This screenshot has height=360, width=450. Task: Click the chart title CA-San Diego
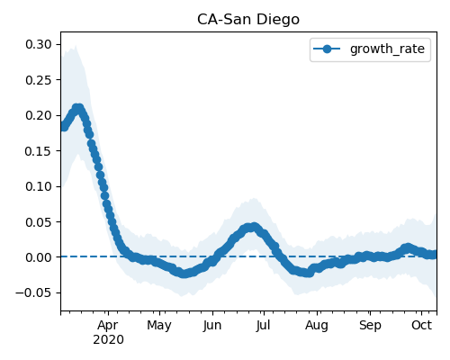click(248, 20)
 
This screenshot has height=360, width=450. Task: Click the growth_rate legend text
click(387, 49)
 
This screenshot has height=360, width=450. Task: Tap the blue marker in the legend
click(327, 49)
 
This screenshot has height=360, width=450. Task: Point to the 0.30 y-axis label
click(39, 44)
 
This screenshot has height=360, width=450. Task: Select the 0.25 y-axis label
click(39, 80)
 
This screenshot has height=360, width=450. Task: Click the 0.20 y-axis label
click(39, 115)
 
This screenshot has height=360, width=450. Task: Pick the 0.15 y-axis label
click(39, 151)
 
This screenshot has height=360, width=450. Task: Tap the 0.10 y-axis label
click(39, 186)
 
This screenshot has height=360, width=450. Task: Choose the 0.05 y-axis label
click(39, 222)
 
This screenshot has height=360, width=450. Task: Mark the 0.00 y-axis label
click(39, 257)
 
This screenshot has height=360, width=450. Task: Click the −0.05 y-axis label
click(34, 292)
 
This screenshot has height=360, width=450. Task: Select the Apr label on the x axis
click(108, 326)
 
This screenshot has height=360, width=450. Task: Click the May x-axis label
click(159, 326)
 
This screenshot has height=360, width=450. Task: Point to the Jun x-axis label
click(212, 326)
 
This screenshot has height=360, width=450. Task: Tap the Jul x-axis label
click(263, 326)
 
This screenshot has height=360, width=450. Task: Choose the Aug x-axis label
click(317, 326)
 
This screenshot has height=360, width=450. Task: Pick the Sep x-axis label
click(370, 326)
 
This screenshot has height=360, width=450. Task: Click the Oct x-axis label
click(421, 325)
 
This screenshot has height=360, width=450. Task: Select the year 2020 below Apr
click(108, 340)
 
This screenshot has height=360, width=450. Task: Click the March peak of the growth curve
click(78, 108)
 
